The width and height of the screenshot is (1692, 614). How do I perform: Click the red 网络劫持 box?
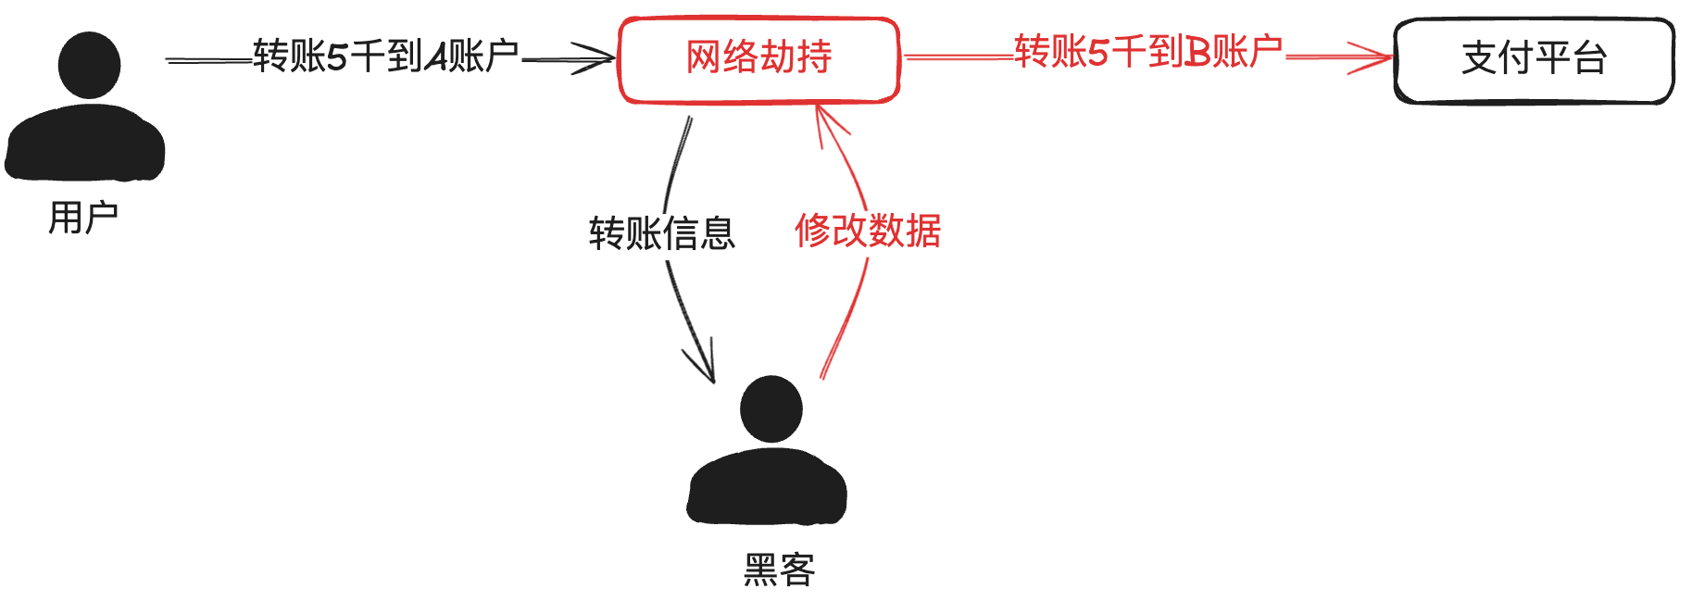pyautogui.click(x=758, y=59)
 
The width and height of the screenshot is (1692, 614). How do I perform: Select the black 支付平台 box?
pyautogui.click(x=1534, y=60)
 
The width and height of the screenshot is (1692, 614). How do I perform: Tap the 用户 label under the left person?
pyautogui.click(x=83, y=219)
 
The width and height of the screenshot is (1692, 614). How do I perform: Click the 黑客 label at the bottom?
pyautogui.click(x=779, y=570)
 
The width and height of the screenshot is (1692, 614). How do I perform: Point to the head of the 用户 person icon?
pyautogui.click(x=89, y=65)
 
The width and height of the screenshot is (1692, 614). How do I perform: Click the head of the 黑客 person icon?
pyautogui.click(x=771, y=408)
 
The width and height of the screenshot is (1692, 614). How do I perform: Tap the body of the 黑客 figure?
pyautogui.click(x=767, y=491)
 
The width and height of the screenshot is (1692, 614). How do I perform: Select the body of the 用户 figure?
pyautogui.click(x=84, y=145)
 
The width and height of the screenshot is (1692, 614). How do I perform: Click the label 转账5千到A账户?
pyautogui.click(x=385, y=56)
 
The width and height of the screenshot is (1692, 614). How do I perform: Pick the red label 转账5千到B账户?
pyautogui.click(x=1147, y=52)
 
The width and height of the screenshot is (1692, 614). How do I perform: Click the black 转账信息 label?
pyautogui.click(x=661, y=233)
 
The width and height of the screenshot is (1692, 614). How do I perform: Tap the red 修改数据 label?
pyautogui.click(x=868, y=231)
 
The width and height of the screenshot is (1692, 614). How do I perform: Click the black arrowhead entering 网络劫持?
pyautogui.click(x=598, y=59)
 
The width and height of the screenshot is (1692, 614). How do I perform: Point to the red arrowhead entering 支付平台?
pyautogui.click(x=1374, y=57)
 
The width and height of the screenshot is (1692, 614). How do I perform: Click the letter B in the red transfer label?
pyautogui.click(x=1197, y=53)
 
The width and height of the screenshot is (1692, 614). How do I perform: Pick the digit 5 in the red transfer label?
pyautogui.click(x=1097, y=53)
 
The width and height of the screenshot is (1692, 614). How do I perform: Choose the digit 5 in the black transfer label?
pyautogui.click(x=337, y=57)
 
